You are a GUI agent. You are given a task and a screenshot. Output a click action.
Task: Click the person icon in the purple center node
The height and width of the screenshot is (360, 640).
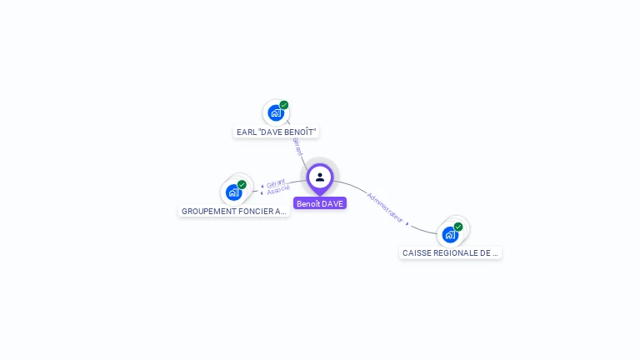[320, 177]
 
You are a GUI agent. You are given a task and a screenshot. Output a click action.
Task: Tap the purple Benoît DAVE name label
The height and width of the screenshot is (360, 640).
[320, 203]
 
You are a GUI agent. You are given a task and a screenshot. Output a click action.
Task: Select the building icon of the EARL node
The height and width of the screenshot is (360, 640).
[276, 113]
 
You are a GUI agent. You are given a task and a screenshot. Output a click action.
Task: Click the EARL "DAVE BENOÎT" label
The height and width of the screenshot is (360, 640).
[277, 132]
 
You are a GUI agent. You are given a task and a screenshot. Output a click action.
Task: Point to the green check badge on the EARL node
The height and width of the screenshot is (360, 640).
[284, 105]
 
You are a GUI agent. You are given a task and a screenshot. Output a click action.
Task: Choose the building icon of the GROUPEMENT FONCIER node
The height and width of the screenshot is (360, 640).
[233, 192]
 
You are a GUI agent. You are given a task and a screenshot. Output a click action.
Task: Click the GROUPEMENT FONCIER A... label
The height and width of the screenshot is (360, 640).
[234, 212]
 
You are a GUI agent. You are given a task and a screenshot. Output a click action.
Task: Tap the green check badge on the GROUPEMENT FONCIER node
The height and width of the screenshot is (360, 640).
[242, 184]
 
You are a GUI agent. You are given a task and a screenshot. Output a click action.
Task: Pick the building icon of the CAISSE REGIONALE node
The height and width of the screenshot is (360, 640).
[450, 234]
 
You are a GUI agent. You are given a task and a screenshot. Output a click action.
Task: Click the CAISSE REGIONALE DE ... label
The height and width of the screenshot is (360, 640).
[450, 252]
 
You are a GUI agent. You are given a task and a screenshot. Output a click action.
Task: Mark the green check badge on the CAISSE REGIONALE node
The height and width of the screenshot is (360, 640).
[458, 226]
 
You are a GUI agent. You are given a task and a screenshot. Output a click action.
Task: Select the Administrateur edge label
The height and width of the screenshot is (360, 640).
[384, 207]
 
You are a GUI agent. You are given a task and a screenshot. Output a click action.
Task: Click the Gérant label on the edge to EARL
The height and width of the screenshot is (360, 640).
[297, 147]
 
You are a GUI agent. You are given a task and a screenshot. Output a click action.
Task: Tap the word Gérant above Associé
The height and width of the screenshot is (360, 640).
[276, 182]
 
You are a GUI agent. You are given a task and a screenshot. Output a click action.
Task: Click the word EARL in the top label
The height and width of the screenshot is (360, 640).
[246, 132]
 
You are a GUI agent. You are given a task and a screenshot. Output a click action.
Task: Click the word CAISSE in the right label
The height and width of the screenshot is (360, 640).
[416, 252]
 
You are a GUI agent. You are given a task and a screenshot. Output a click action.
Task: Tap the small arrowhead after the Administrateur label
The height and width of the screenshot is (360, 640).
[407, 223]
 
